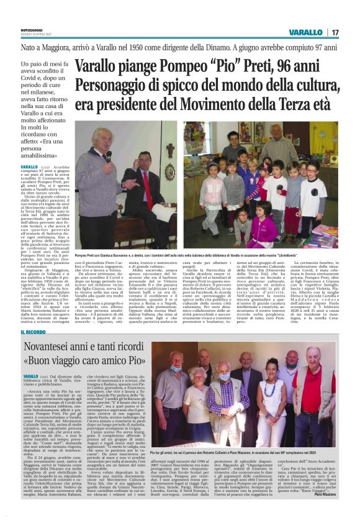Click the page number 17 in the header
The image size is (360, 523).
pos(335,32)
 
